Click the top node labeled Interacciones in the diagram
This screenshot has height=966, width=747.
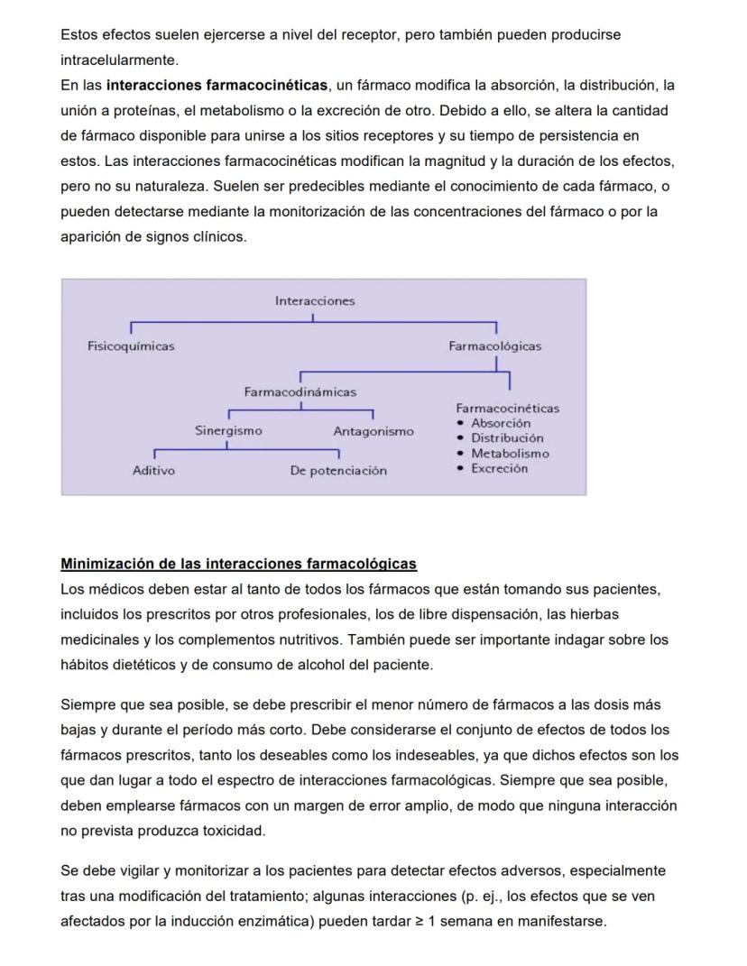click(x=315, y=301)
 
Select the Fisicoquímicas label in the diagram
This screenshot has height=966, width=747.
click(x=131, y=346)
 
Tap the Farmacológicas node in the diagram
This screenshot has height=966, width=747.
click(x=494, y=346)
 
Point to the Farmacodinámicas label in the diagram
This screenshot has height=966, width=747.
click(x=300, y=392)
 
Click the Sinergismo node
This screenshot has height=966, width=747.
click(x=229, y=431)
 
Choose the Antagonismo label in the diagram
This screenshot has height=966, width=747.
click(x=373, y=431)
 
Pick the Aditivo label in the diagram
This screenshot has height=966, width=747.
click(x=153, y=471)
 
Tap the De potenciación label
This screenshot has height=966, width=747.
click(x=337, y=471)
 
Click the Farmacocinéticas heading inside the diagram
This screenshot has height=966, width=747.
click(x=507, y=409)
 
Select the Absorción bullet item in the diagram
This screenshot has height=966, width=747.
click(x=501, y=423)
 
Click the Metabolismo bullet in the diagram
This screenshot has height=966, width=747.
click(x=510, y=454)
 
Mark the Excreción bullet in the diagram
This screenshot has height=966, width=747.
click(x=499, y=469)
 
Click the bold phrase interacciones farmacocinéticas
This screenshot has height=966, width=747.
click(x=217, y=86)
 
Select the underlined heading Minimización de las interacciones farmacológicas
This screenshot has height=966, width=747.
click(x=238, y=565)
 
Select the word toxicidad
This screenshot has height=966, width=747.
click(x=236, y=831)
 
